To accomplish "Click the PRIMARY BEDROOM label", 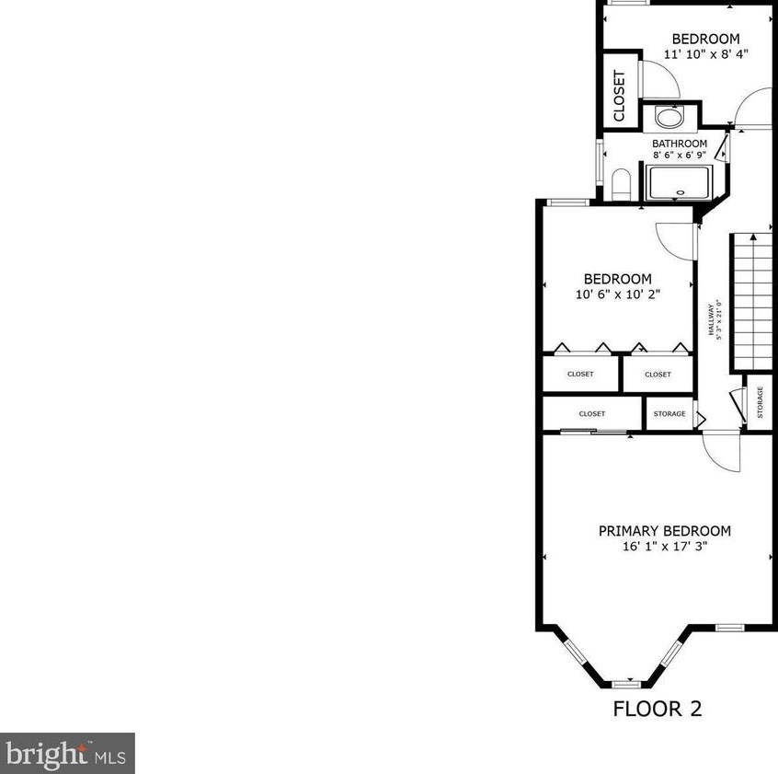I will [664, 531].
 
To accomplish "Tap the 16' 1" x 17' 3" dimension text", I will [664, 547].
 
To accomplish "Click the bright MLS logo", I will [67, 753].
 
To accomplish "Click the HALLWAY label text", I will [711, 320].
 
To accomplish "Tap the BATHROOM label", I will [680, 144].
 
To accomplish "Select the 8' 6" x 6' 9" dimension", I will [680, 156].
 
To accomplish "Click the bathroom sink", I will [669, 117].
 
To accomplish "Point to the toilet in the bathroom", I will [621, 183].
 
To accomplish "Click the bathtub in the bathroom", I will [680, 182].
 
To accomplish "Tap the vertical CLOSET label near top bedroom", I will [619, 96].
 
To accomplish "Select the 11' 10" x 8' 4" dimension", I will [705, 53].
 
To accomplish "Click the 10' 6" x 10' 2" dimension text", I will [617, 295].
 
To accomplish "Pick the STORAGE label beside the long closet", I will [669, 414].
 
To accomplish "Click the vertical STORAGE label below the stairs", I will [760, 402].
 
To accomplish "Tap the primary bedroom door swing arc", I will [722, 453].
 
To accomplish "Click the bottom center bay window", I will [625, 684].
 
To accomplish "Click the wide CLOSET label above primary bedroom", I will [592, 414].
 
